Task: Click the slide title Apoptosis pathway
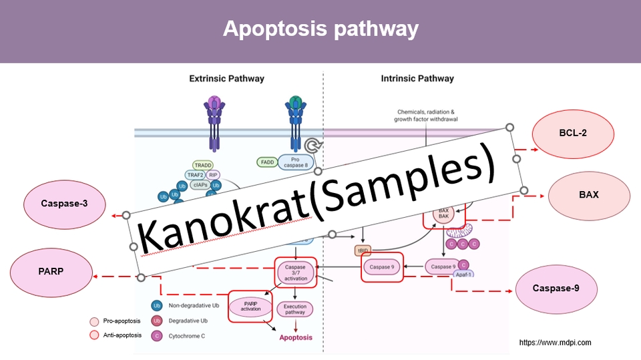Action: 320,29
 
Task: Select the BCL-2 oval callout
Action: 573,133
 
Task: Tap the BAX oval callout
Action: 588,195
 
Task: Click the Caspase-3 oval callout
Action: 64,204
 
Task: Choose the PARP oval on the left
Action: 51,273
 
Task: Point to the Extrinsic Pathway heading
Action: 226,79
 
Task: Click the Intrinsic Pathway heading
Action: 417,79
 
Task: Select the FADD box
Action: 267,162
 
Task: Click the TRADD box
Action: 203,165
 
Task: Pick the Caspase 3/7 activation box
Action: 295,273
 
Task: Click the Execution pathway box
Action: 294,309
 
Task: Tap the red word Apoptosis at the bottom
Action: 295,337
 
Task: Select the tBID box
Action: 363,250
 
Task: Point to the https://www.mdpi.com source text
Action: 555,343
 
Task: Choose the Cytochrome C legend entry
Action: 186,336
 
